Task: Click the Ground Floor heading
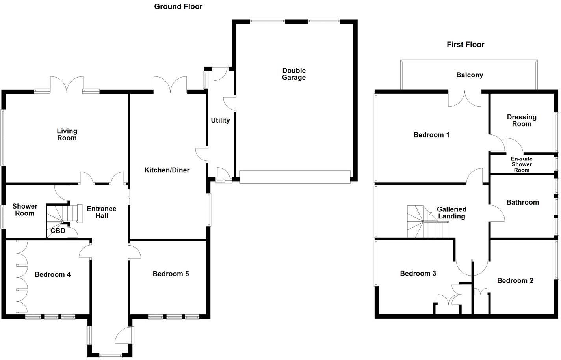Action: [x=178, y=6]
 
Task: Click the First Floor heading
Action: [x=465, y=45]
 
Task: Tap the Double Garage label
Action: [x=294, y=74]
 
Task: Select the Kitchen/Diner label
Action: [x=167, y=170]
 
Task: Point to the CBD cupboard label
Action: [x=58, y=231]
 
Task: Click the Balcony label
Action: [x=469, y=75]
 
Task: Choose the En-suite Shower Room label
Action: [x=521, y=164]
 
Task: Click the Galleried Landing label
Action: [x=451, y=213]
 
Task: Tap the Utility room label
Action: [x=220, y=120]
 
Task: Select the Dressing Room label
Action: [x=521, y=120]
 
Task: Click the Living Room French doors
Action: [x=67, y=84]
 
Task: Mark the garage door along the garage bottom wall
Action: [x=294, y=177]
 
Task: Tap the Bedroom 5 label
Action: [x=171, y=274]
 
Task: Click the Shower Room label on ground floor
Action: [x=24, y=209]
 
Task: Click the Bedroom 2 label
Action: [x=515, y=280]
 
